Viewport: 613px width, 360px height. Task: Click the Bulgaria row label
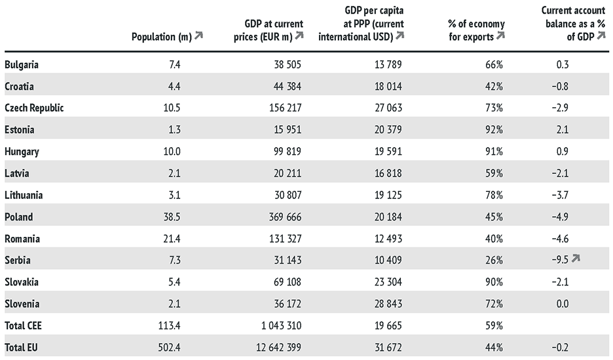[22, 65]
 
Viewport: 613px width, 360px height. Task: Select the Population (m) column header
[161, 37]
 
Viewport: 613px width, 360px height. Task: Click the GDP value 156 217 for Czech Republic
[282, 108]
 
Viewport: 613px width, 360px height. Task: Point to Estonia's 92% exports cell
[494, 130]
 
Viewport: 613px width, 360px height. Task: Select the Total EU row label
[20, 346]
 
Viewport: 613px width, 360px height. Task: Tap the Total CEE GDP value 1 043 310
[278, 325]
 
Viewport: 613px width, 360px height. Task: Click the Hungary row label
[22, 151]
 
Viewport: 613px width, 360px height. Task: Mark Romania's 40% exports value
[494, 238]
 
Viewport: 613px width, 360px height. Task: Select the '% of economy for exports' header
[476, 31]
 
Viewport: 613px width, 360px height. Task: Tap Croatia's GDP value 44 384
[286, 86]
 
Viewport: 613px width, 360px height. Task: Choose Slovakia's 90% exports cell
[494, 281]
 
